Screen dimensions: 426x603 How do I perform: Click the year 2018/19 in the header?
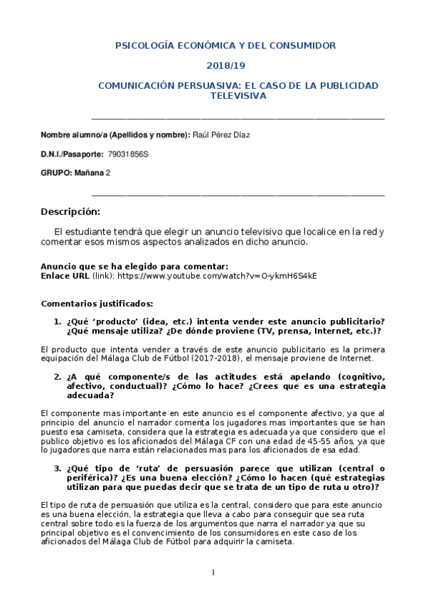pyautogui.click(x=225, y=65)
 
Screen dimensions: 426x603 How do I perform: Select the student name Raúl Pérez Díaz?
pyautogui.click(x=222, y=134)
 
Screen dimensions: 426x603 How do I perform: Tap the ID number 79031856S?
pyautogui.click(x=129, y=154)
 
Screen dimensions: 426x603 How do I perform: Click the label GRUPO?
pyautogui.click(x=56, y=173)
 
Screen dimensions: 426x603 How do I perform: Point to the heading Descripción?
pyautogui.click(x=70, y=212)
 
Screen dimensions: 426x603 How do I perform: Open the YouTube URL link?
pyautogui.click(x=217, y=275)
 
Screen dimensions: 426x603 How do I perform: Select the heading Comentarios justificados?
pyautogui.click(x=97, y=303)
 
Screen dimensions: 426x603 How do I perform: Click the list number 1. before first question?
pyautogui.click(x=58, y=321)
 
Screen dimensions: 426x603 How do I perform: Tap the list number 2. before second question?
pyautogui.click(x=58, y=376)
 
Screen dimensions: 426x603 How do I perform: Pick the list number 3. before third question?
pyautogui.click(x=58, y=469)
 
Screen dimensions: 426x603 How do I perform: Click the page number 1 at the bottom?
pyautogui.click(x=213, y=572)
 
